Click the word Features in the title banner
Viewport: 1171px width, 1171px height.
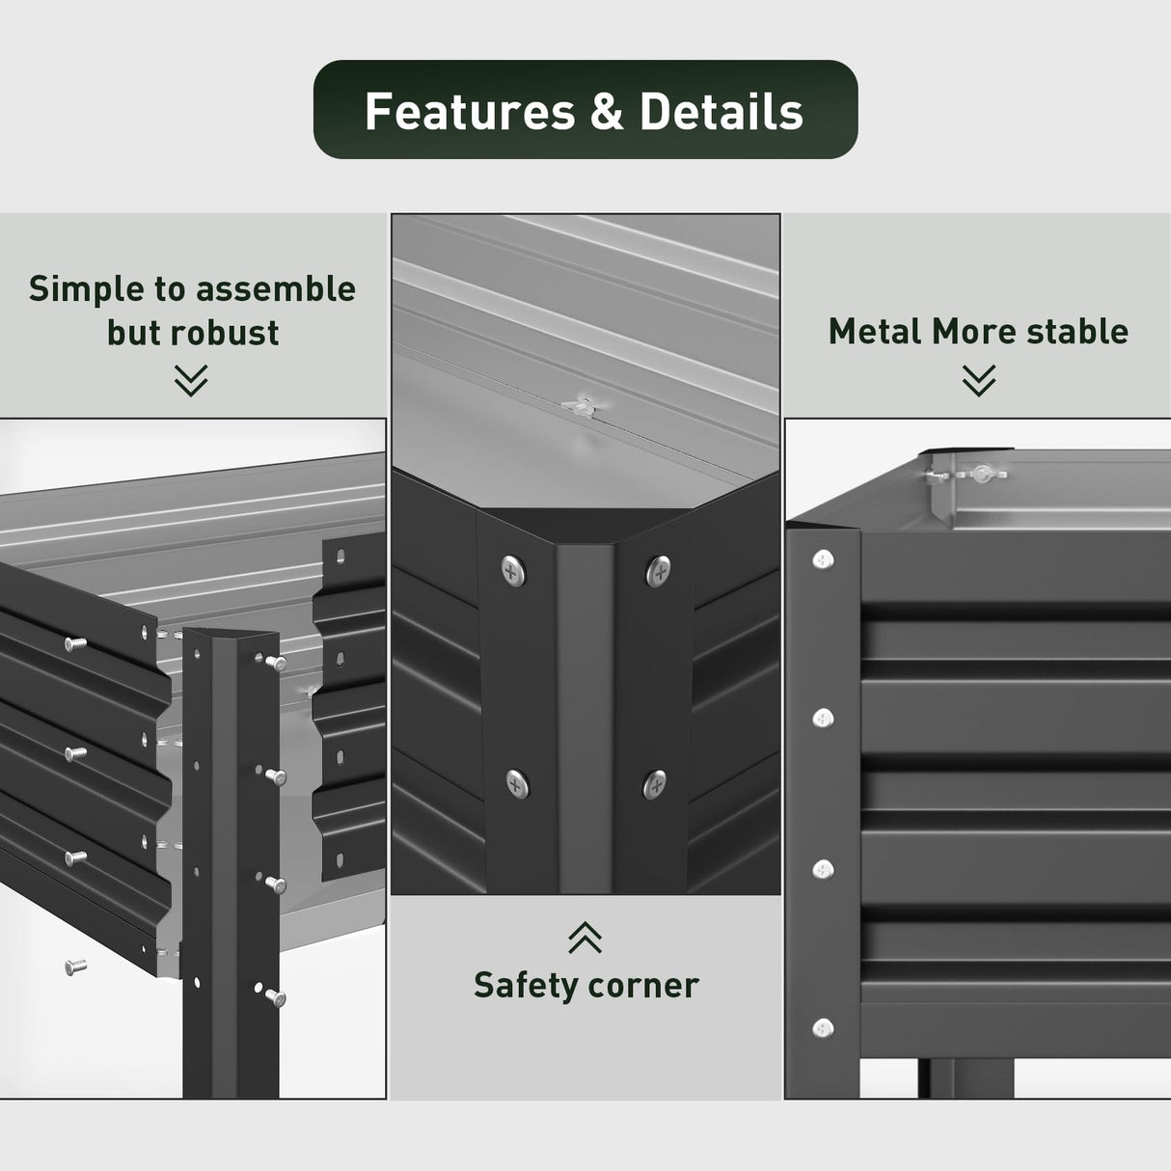[469, 112]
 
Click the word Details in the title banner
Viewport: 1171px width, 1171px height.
[721, 112]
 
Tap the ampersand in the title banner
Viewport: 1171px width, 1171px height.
[607, 112]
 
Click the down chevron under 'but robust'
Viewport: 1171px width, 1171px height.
[191, 380]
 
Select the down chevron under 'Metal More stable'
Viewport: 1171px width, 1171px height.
[978, 380]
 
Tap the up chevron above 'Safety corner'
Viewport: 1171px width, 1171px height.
[585, 937]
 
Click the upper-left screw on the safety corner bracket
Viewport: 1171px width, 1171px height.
[513, 571]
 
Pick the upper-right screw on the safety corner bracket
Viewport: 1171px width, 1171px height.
[659, 570]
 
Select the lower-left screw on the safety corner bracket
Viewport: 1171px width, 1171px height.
[516, 782]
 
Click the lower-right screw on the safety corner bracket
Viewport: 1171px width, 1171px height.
[655, 782]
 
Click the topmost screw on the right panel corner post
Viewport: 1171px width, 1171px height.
[823, 558]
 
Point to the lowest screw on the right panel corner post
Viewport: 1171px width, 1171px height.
[823, 1028]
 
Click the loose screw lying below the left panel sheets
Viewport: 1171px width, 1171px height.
[76, 966]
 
